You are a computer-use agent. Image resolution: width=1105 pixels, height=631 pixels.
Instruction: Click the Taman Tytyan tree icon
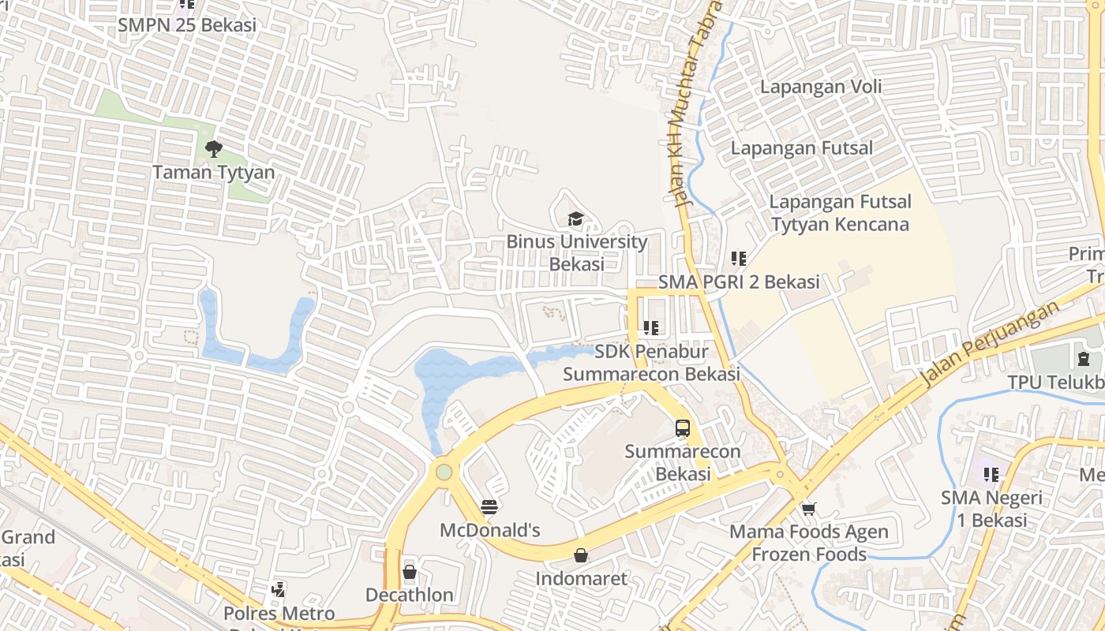[x=213, y=148]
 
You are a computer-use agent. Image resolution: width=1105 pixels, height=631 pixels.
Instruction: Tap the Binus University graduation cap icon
[x=576, y=218]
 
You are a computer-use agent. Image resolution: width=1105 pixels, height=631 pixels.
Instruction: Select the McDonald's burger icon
[x=489, y=506]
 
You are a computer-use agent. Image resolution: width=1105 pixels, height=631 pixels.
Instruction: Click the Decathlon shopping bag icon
[x=409, y=571]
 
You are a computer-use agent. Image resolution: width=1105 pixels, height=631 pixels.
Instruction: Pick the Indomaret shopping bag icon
[x=581, y=555]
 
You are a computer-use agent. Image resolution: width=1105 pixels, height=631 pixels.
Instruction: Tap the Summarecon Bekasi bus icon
[x=683, y=428]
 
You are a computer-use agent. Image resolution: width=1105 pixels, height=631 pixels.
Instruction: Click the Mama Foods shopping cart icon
[x=808, y=509]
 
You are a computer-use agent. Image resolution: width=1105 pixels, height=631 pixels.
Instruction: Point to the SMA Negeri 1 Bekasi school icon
[x=991, y=475]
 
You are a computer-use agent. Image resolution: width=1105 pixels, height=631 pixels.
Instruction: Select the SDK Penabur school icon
[x=650, y=327]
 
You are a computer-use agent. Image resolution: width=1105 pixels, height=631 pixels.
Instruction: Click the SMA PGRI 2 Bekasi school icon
[x=739, y=258]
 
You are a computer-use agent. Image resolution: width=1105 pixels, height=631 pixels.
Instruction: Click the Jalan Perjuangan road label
[x=991, y=345]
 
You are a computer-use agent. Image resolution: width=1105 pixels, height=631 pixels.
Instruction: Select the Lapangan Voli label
[x=821, y=87]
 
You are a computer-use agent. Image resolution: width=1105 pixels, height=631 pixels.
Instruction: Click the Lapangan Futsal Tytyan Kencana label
[x=840, y=213]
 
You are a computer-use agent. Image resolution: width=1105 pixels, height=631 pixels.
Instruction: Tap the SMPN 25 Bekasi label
[x=187, y=25]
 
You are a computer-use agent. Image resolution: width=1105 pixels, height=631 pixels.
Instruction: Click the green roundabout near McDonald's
[x=444, y=472]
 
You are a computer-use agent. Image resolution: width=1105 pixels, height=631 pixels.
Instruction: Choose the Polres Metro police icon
[x=278, y=589]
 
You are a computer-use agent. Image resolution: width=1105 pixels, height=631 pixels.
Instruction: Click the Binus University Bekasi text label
[x=576, y=252]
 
